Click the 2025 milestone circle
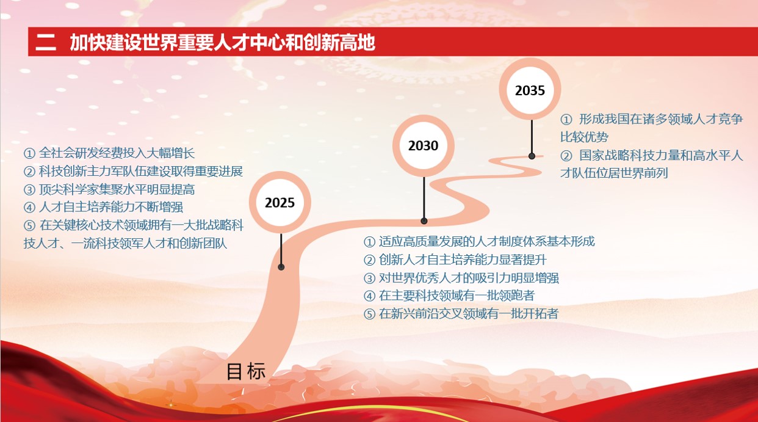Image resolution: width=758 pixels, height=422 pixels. point(280,202)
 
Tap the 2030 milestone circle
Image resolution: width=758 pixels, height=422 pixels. point(424,145)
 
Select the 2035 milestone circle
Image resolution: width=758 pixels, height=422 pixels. point(530,90)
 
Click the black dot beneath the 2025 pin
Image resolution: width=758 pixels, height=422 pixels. point(281,267)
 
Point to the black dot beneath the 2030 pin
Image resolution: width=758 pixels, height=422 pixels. point(424,220)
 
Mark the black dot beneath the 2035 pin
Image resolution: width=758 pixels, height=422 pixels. point(532,156)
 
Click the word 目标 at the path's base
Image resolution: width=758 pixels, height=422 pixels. point(246,371)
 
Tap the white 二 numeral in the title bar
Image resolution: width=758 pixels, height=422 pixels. point(46,43)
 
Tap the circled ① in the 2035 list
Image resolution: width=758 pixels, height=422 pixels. point(566,119)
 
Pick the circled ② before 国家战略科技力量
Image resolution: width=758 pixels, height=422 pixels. point(566,155)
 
